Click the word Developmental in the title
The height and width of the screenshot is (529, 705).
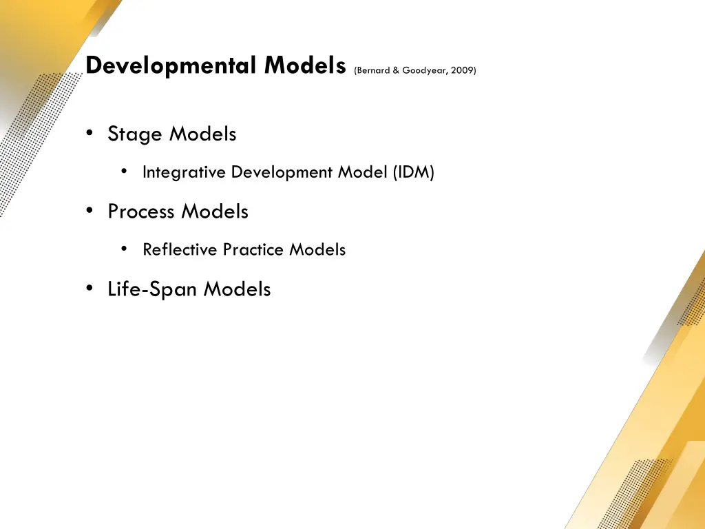pos(172,66)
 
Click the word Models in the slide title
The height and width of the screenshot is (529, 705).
pos(306,66)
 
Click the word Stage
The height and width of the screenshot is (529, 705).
pos(136,134)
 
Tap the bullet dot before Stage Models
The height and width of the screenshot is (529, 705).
pos(90,134)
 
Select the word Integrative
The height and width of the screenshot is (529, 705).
pos(184,172)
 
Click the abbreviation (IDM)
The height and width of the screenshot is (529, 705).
pos(414,172)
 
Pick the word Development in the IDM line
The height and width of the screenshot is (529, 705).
pos(282,172)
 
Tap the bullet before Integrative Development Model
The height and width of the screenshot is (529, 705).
pos(124,172)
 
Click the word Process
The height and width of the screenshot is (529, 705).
pos(140,211)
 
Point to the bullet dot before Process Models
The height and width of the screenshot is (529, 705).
pos(90,211)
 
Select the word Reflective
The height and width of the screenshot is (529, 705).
pos(180,249)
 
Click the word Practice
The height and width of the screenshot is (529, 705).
pos(253,249)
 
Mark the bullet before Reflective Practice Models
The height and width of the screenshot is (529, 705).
pos(124,249)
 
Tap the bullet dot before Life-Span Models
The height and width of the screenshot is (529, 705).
pos(90,289)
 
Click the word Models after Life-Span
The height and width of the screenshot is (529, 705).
pos(238,289)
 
